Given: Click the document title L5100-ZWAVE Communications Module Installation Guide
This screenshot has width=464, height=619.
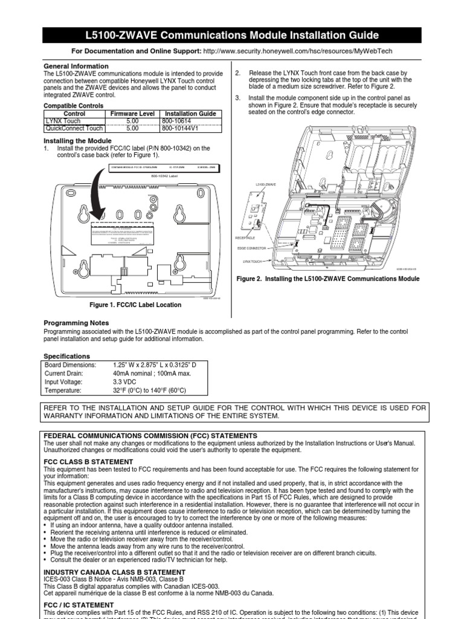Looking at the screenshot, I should (x=232, y=35).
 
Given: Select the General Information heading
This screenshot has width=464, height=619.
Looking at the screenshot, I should (x=76, y=66).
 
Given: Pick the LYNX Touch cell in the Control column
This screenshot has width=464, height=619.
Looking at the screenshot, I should (x=63, y=121).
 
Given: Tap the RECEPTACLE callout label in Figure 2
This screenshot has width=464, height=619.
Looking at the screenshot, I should (x=246, y=238).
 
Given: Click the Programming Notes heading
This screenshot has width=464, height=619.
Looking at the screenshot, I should (x=76, y=323).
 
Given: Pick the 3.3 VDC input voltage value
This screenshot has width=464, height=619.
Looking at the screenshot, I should (x=125, y=383).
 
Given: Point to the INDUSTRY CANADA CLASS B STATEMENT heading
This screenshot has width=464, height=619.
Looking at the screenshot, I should (x=115, y=572).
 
